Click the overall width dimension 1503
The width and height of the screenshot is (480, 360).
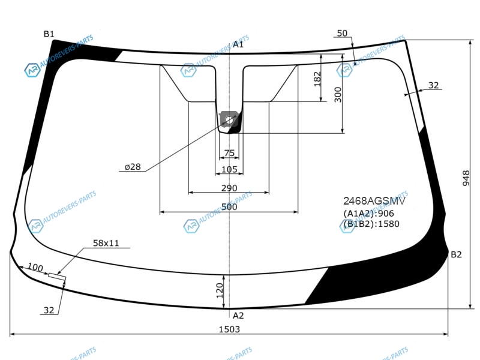pyautogui.click(x=229, y=329)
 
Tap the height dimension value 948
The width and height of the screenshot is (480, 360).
pyautogui.click(x=466, y=178)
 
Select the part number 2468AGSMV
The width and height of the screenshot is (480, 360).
pyautogui.click(x=374, y=201)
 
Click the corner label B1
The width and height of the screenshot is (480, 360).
pyautogui.click(x=49, y=34)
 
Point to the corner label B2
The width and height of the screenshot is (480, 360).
pyautogui.click(x=456, y=254)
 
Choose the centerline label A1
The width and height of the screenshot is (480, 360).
pyautogui.click(x=238, y=44)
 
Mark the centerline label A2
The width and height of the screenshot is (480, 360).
pyautogui.click(x=238, y=316)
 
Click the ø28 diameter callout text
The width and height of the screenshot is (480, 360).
pyautogui.click(x=133, y=167)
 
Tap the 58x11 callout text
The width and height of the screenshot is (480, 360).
pyautogui.click(x=106, y=243)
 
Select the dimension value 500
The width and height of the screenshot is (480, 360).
pyautogui.click(x=229, y=207)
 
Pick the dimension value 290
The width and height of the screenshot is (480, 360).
pyautogui.click(x=229, y=188)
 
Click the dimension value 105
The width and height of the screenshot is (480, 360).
pyautogui.click(x=229, y=169)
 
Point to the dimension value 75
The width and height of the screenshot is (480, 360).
pyautogui.click(x=229, y=153)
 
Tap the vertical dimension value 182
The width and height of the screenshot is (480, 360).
pyautogui.click(x=318, y=79)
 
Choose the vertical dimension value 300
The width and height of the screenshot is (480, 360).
pyautogui.click(x=338, y=95)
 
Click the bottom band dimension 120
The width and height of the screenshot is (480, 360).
pyautogui.click(x=220, y=290)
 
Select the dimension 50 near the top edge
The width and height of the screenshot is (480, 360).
pyautogui.click(x=342, y=33)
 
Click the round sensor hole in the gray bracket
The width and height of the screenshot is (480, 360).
pyautogui.click(x=229, y=120)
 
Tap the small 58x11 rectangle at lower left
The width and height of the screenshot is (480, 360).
pyautogui.click(x=57, y=276)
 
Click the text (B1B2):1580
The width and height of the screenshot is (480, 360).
pyautogui.click(x=371, y=224)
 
